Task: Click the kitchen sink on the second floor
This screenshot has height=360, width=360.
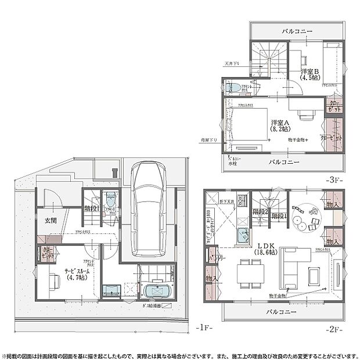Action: tap(243, 236)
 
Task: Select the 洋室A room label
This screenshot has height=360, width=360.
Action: tap(279, 123)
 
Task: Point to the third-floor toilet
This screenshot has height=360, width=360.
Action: tap(234, 88)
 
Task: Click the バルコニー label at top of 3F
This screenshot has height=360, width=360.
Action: tap(298, 30)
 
